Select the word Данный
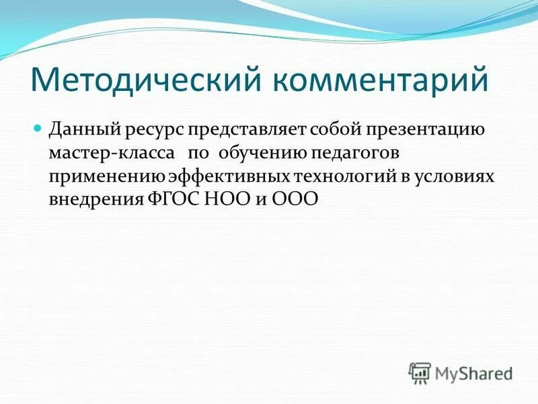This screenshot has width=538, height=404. [x=84, y=129]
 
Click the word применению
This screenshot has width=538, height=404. [x=106, y=177]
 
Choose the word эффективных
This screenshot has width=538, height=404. [x=229, y=177]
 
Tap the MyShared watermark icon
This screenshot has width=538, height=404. [x=420, y=372]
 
